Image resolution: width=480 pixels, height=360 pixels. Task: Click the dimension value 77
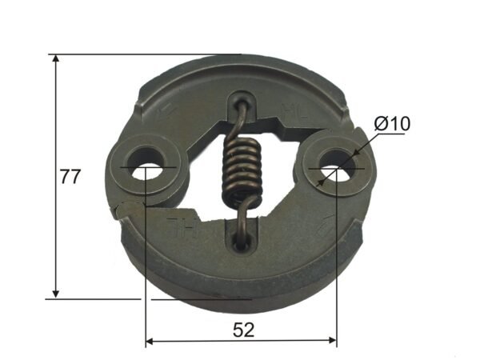(x=70, y=177)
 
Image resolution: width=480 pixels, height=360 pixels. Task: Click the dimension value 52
(x=242, y=329)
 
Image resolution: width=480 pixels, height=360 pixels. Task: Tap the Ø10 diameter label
(x=391, y=124)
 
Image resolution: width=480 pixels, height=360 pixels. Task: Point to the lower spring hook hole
(x=241, y=239)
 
